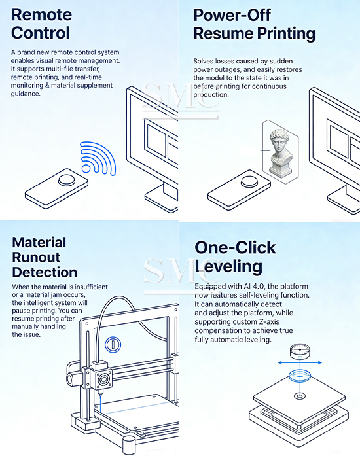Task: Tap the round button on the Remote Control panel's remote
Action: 67,180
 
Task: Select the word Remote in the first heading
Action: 41,14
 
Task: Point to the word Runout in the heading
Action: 36,257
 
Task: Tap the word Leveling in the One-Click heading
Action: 228,266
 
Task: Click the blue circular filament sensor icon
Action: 113,344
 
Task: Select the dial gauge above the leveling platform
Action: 300,351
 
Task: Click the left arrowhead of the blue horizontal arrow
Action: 280,362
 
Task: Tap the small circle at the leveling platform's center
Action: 300,396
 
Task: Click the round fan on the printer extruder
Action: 103,379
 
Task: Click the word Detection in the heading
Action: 45,272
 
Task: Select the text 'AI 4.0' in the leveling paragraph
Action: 255,287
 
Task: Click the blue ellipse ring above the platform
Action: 300,376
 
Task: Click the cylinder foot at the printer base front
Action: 129,444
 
